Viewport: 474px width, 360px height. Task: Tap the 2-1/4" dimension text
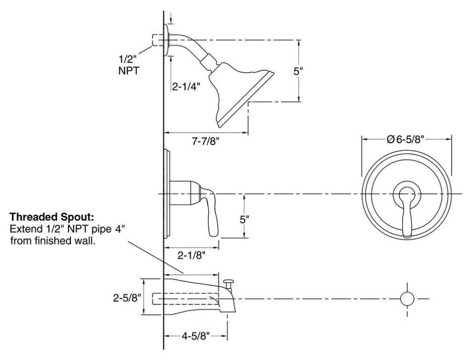click(187, 87)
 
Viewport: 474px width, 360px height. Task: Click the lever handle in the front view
click(406, 211)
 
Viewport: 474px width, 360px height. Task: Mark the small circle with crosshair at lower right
click(407, 298)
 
